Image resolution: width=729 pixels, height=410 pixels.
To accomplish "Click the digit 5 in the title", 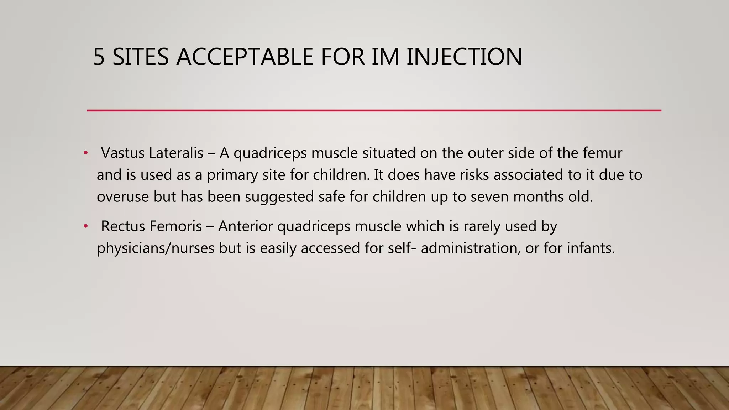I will [x=99, y=57].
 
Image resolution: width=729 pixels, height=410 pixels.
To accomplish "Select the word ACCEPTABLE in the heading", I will [x=244, y=57].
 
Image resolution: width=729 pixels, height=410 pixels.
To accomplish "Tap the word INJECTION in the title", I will [x=464, y=57].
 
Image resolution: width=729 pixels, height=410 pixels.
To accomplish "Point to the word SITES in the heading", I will [x=140, y=57].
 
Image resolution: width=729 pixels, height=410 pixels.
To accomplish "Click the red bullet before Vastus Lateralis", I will [x=85, y=153].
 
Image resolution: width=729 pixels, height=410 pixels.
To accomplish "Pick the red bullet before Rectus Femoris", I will [x=85, y=226].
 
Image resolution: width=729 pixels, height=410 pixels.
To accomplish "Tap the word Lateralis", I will [x=176, y=153].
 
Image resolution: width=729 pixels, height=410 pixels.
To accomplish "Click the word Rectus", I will [x=123, y=226].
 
